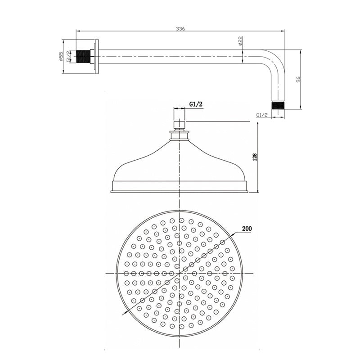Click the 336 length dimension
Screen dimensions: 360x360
point(181,28)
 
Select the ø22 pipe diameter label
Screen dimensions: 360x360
point(241,42)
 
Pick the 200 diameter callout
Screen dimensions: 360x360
point(246,229)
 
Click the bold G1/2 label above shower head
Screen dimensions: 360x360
point(196,104)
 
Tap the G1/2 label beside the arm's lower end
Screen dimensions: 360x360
point(262,115)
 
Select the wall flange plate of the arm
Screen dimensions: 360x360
point(96,56)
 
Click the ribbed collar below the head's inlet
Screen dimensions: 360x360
point(180,134)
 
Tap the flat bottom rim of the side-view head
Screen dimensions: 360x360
point(180,191)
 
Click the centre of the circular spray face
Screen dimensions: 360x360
point(180,273)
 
